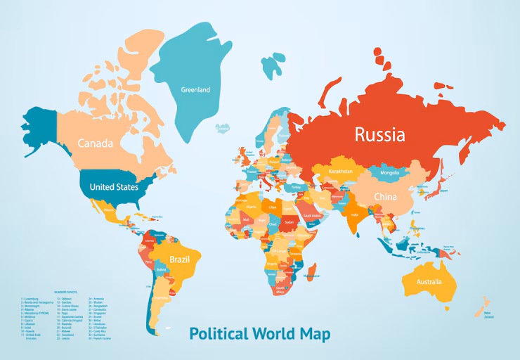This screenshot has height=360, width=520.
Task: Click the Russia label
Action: tap(379, 134)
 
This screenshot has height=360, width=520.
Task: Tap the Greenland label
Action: tap(195, 90)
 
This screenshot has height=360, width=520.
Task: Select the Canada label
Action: tap(95, 143)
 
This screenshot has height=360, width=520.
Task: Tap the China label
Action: tap(385, 197)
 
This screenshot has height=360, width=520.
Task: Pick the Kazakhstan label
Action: tap(340, 171)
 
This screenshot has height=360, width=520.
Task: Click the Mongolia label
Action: tap(389, 172)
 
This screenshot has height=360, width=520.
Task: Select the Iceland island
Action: tap(223, 128)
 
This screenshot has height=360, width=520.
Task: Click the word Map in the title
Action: tap(313, 333)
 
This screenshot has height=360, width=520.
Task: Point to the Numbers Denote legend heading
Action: tap(68, 291)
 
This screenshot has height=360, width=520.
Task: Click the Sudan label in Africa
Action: tap(289, 222)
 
